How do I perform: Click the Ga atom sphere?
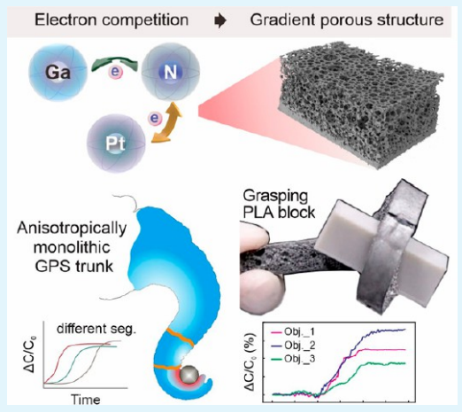[58, 73]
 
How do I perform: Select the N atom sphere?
[171, 72]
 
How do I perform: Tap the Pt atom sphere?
[116, 144]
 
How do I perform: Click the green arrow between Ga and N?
[114, 63]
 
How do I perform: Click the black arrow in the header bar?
[220, 20]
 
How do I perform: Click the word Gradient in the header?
[282, 20]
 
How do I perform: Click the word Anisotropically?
[72, 229]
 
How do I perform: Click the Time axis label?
[86, 400]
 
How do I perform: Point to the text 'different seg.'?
[96, 329]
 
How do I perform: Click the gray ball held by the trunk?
[189, 375]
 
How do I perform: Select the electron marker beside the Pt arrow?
[155, 118]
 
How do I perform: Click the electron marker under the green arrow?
[115, 72]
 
